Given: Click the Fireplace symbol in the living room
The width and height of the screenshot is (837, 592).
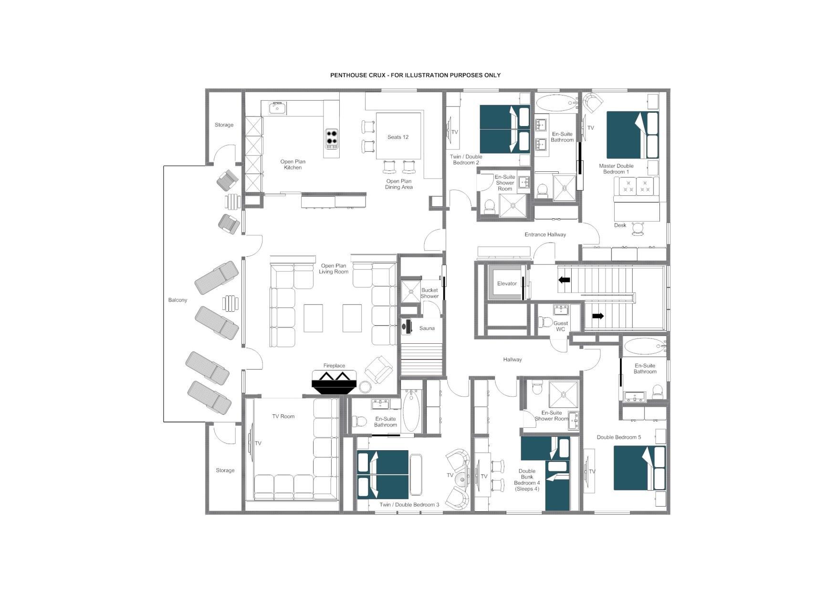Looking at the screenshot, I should tap(334, 382).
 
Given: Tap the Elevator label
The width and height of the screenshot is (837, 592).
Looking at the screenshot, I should tap(507, 284).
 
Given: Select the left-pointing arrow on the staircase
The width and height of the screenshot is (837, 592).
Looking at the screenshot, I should tap(565, 280).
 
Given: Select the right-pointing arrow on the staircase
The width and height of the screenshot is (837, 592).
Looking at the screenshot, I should tap(598, 316).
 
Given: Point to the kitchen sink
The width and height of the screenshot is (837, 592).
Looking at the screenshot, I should tap(277, 108).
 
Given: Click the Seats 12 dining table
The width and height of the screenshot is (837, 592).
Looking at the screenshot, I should tap(398, 137).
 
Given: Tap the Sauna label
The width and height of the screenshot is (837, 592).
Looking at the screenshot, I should tap(427, 328).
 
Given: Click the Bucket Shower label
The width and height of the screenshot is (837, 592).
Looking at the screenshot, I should tap(429, 293).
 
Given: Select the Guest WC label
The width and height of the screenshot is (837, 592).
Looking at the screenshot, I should tap(560, 326).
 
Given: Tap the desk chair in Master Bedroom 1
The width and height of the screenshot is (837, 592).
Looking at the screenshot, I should tap(638, 229).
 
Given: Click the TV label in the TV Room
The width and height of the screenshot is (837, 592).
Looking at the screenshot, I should tap(258, 444).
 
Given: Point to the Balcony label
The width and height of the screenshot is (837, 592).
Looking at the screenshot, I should tap(178, 300).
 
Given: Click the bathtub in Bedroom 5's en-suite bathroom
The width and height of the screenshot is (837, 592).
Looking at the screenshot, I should tap(645, 346).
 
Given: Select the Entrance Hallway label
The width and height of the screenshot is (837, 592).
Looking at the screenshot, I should tap(545, 235).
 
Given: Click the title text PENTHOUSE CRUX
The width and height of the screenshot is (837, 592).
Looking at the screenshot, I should tap(415, 75).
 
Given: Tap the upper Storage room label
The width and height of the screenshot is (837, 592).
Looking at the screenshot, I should tap(224, 125).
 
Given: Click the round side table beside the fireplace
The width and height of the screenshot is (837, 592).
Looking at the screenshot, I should tap(366, 387).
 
